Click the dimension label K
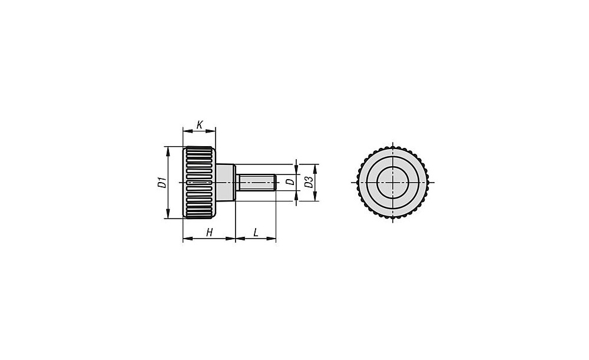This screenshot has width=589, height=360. (200, 124)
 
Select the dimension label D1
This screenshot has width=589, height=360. (162, 182)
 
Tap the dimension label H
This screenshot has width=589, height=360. (209, 233)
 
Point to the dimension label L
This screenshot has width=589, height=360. (256, 233)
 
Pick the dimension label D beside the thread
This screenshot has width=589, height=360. (290, 182)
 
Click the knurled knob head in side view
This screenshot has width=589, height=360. (199, 182)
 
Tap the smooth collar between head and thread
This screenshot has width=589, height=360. (226, 182)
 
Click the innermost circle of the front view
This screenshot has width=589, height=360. (393, 167)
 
